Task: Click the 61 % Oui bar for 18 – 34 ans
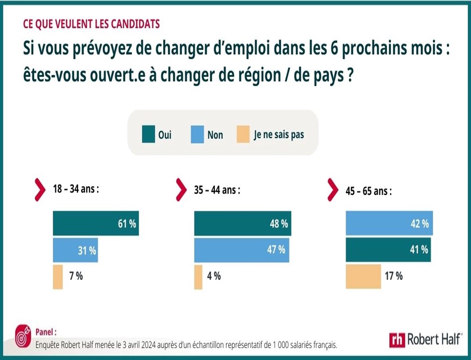coord(95,224)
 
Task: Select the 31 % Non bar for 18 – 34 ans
coord(75,250)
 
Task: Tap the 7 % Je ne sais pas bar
coord(58,277)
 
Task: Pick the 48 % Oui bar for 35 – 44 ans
coord(242,224)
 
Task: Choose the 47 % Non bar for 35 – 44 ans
coord(242,250)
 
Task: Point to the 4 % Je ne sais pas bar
coord(198,277)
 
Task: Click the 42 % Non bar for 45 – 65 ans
coord(388,224)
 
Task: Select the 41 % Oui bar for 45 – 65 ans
coord(388,250)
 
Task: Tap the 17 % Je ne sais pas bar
coord(363,277)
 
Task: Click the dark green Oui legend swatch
coord(149,135)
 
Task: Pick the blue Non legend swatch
coord(198,135)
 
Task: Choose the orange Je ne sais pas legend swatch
coord(243,135)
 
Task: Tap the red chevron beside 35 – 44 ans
coord(181,189)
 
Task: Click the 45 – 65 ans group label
coord(368,190)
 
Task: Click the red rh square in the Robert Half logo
coord(397,340)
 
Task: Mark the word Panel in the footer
coord(45,332)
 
